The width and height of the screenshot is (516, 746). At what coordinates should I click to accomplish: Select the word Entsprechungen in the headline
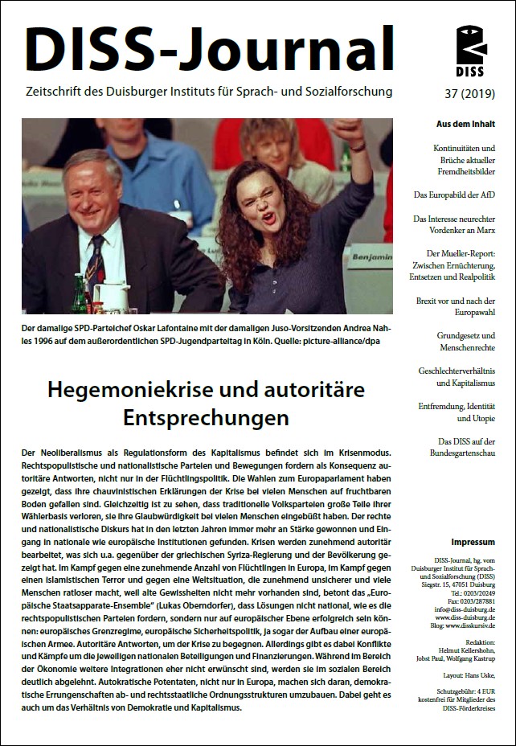[206, 419]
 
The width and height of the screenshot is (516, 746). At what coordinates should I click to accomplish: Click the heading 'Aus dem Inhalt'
[465, 124]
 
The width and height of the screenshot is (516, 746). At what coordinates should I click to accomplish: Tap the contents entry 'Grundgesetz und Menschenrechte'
[465, 342]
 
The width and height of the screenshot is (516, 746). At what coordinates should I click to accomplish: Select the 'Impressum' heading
[473, 542]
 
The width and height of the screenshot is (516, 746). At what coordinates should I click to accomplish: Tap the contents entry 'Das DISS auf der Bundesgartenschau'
[465, 449]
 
